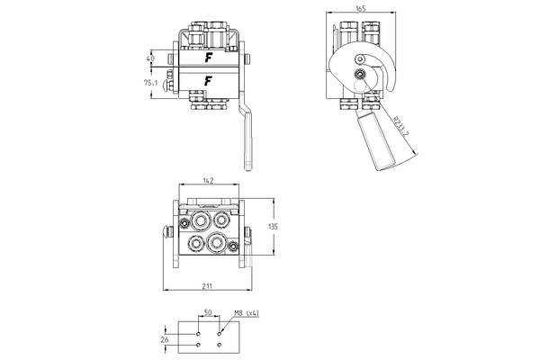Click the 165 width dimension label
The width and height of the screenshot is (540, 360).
[359, 7]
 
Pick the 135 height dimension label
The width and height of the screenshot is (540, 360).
[274, 228]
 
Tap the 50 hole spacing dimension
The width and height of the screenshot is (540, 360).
[207, 313]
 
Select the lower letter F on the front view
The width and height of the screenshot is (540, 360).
[209, 81]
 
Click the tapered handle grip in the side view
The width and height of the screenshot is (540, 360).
[379, 142]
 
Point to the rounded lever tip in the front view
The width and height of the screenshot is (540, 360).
[247, 164]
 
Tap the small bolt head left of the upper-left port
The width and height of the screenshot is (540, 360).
[183, 221]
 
